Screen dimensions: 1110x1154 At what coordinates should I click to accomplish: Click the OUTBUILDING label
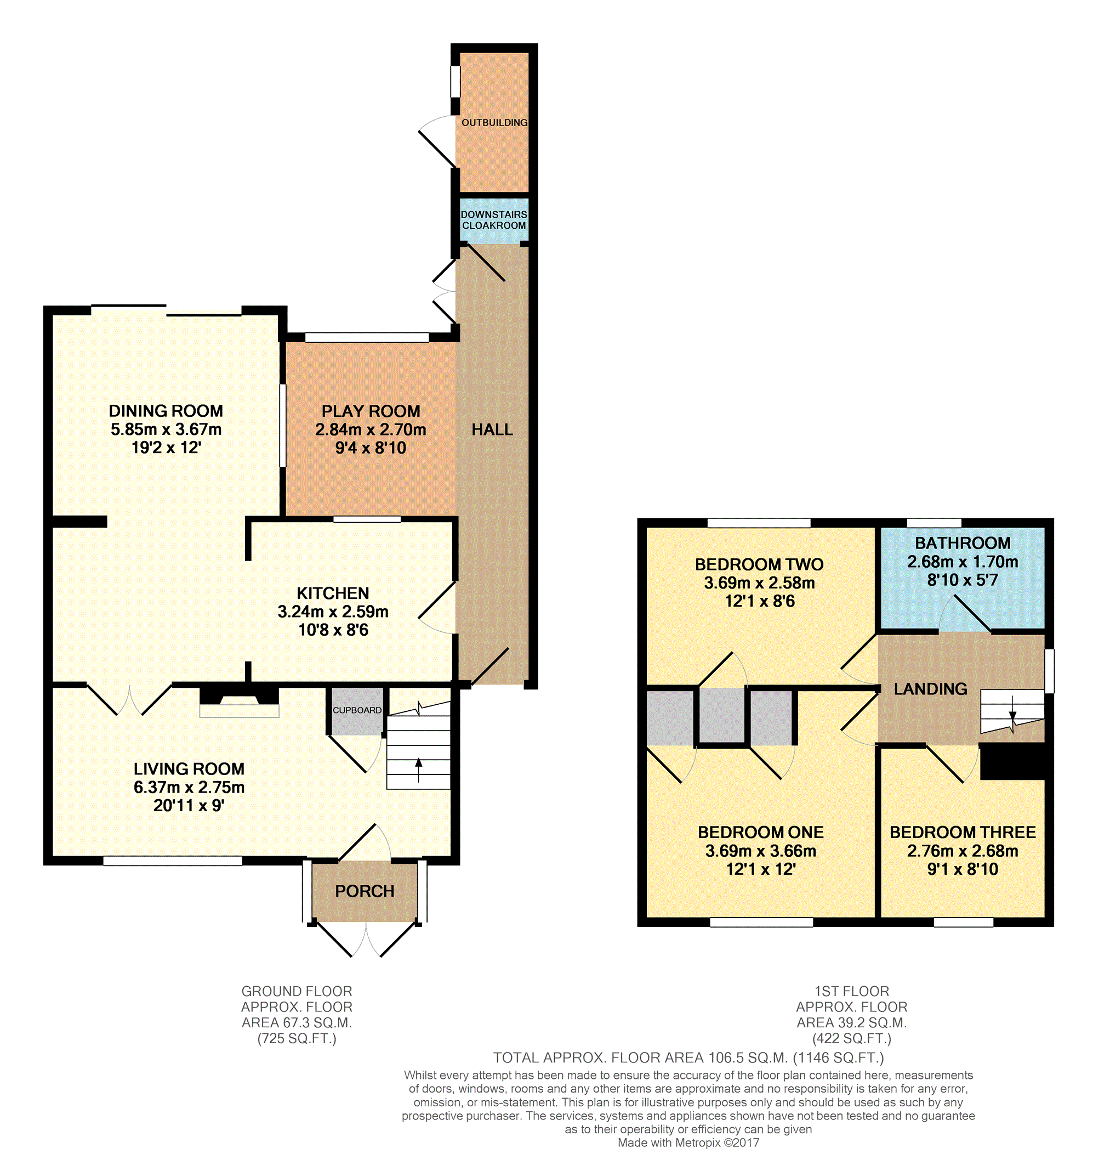coord(494,122)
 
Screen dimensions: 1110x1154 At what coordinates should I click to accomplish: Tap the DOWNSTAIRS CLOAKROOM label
coord(494,219)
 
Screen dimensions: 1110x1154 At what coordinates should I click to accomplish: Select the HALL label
coord(492,430)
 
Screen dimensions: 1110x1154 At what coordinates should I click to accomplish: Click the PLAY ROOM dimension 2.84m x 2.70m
coord(371,430)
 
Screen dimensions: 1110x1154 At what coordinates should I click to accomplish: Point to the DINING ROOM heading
coord(166,411)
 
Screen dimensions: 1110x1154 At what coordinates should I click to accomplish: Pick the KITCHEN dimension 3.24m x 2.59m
coord(333,612)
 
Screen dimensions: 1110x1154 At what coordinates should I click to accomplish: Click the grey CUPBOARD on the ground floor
coord(357,711)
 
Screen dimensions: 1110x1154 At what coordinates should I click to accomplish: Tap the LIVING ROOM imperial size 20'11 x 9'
coord(189,806)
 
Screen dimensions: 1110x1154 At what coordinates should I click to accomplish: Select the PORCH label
coord(365,891)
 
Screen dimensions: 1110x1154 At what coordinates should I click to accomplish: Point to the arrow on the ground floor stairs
coord(418,770)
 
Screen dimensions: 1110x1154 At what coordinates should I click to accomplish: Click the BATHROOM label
coord(963,543)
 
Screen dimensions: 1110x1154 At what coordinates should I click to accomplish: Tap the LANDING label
coord(931,689)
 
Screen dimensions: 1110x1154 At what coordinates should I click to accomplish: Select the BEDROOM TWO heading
coord(759,564)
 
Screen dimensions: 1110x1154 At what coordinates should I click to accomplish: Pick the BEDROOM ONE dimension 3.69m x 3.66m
coord(761,851)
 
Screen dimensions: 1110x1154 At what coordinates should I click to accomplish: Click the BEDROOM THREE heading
coord(963,833)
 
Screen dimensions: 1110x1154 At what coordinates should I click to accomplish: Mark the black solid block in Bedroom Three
coord(1012,762)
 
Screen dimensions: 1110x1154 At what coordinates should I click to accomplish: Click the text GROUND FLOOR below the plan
coord(297,992)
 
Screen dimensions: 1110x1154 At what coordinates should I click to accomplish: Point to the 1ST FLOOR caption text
coord(852,992)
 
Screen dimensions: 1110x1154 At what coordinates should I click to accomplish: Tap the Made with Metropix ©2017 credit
coord(688,1143)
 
